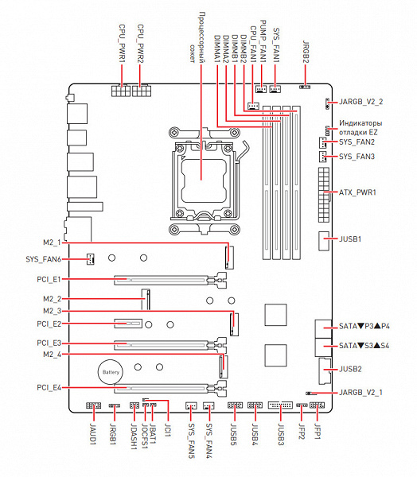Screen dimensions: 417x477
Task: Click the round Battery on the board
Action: (111, 372)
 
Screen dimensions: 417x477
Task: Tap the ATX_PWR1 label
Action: (357, 192)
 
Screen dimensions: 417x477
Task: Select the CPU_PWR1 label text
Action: (122, 44)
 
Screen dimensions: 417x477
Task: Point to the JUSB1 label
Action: (350, 238)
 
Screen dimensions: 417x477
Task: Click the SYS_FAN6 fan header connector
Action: (90, 259)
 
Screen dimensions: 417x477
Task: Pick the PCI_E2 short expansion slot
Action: (128, 323)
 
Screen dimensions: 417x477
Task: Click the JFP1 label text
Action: (318, 432)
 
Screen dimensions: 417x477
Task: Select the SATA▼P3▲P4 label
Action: (364, 326)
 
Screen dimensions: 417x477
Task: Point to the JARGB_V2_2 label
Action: (361, 102)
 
